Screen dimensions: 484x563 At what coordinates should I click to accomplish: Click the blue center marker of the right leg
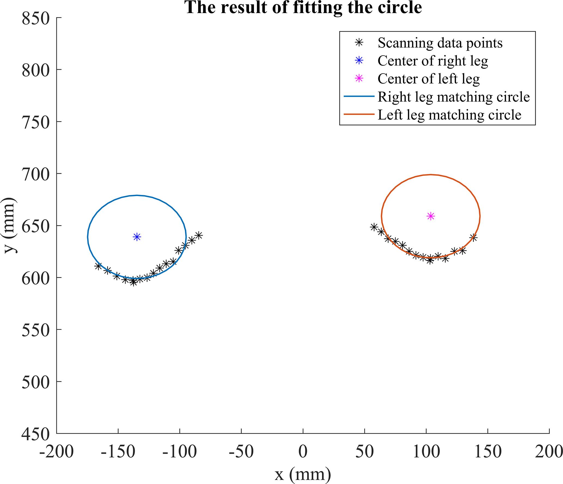click(x=137, y=237)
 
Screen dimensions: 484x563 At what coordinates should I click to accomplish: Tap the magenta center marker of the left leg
click(x=430, y=216)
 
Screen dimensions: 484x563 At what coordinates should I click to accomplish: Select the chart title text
click(x=303, y=7)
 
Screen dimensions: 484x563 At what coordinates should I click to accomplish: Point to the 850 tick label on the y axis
click(x=36, y=19)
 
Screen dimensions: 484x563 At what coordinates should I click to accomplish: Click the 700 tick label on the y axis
click(x=36, y=174)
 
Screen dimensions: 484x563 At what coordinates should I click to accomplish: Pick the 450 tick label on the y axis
click(x=36, y=434)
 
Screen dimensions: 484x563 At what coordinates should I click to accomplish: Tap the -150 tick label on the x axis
click(x=118, y=452)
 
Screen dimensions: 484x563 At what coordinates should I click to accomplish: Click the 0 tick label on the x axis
click(x=303, y=452)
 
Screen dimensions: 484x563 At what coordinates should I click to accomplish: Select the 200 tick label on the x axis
click(x=549, y=452)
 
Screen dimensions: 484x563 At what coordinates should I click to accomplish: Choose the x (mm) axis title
click(x=303, y=474)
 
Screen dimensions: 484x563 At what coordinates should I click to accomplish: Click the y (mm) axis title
click(x=9, y=225)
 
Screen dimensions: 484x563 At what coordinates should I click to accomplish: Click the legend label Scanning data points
click(x=440, y=43)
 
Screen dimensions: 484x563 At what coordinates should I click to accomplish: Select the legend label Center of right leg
click(x=433, y=61)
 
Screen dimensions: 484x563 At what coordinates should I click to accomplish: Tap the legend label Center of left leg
click(x=428, y=79)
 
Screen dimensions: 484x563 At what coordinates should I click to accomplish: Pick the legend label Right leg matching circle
click(x=454, y=97)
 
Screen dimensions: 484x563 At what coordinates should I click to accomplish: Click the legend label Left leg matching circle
click(x=449, y=115)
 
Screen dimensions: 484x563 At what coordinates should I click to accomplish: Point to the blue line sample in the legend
click(x=359, y=96)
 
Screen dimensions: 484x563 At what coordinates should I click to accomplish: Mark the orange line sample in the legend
click(x=359, y=114)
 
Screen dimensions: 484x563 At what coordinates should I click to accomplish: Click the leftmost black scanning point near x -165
click(x=98, y=266)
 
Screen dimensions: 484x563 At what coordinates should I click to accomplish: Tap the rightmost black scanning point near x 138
click(x=473, y=238)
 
